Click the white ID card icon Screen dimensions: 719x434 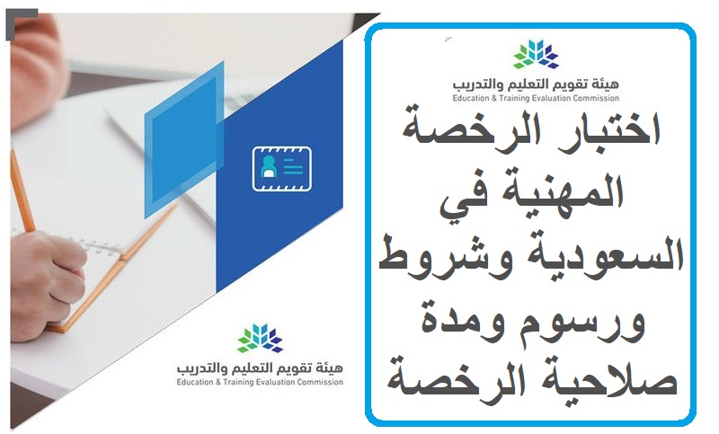(x=281, y=169)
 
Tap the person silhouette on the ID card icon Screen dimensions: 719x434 (x=269, y=167)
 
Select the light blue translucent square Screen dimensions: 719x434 (x=184, y=140)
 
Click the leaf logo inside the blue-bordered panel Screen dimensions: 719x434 (x=535, y=54)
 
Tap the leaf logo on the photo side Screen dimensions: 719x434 (x=260, y=338)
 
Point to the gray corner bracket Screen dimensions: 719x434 (x=19, y=23)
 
